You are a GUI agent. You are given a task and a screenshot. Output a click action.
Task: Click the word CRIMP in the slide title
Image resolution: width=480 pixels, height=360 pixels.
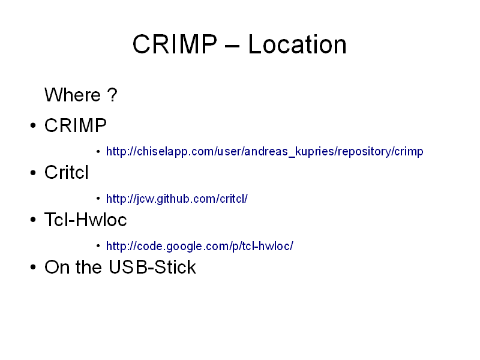click(x=175, y=44)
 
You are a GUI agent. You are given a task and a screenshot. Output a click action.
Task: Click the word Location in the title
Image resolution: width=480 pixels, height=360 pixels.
click(x=297, y=44)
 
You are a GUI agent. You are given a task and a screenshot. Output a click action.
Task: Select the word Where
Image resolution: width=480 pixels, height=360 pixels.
click(x=73, y=95)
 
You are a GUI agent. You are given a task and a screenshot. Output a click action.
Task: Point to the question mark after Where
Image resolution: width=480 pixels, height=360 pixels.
click(x=112, y=95)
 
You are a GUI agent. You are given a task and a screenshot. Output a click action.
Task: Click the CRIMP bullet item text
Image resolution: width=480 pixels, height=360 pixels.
click(x=76, y=125)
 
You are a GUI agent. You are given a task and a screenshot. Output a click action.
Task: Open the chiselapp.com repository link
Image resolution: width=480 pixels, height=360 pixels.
click(x=265, y=151)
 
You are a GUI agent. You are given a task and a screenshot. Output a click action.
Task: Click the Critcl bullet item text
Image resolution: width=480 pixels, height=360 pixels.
click(x=67, y=172)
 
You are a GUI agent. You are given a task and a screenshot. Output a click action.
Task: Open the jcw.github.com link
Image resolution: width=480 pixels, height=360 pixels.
click(x=176, y=199)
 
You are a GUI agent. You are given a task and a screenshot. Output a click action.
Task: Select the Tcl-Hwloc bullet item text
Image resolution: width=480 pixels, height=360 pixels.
click(x=85, y=220)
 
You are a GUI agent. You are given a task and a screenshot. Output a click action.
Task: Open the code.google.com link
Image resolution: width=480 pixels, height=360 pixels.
click(x=200, y=246)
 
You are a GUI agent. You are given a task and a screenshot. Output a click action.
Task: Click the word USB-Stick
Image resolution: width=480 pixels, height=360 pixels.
click(x=152, y=267)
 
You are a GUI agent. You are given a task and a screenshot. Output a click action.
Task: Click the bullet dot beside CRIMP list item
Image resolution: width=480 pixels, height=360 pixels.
click(x=33, y=125)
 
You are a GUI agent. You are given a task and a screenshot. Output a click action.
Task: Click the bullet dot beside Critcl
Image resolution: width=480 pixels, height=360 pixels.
click(x=33, y=173)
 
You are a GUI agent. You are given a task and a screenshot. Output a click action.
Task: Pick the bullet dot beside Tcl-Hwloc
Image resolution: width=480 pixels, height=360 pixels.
click(x=33, y=220)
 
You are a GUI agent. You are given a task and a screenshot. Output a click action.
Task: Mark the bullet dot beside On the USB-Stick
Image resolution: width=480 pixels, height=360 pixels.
click(x=33, y=267)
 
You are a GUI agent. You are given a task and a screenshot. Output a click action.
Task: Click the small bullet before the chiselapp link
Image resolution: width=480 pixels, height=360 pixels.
click(x=98, y=151)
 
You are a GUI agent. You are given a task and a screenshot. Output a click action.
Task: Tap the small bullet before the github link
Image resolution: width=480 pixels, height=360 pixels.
click(x=98, y=199)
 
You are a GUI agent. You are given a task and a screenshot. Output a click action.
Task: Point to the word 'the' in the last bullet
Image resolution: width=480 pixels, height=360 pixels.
click(x=88, y=267)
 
